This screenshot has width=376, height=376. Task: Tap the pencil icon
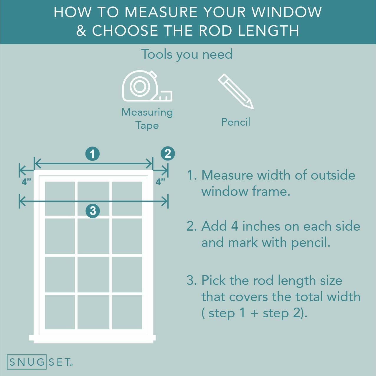click(x=235, y=91)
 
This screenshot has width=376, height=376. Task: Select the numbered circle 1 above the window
click(x=93, y=154)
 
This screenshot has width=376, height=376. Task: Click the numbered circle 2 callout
click(x=168, y=154)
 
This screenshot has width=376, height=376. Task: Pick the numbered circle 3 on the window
click(x=93, y=211)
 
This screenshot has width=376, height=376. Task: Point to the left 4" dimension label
click(x=26, y=182)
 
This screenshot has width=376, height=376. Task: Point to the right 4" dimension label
click(x=161, y=182)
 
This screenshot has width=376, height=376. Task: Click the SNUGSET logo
click(x=40, y=362)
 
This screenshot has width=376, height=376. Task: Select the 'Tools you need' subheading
click(x=187, y=54)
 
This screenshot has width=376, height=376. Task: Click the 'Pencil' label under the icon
click(x=235, y=122)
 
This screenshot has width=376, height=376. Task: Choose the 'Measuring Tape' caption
click(x=147, y=119)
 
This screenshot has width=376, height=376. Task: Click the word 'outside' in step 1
click(x=333, y=175)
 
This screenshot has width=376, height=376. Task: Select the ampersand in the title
click(x=81, y=31)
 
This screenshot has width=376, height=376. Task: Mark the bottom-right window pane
click(x=127, y=312)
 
